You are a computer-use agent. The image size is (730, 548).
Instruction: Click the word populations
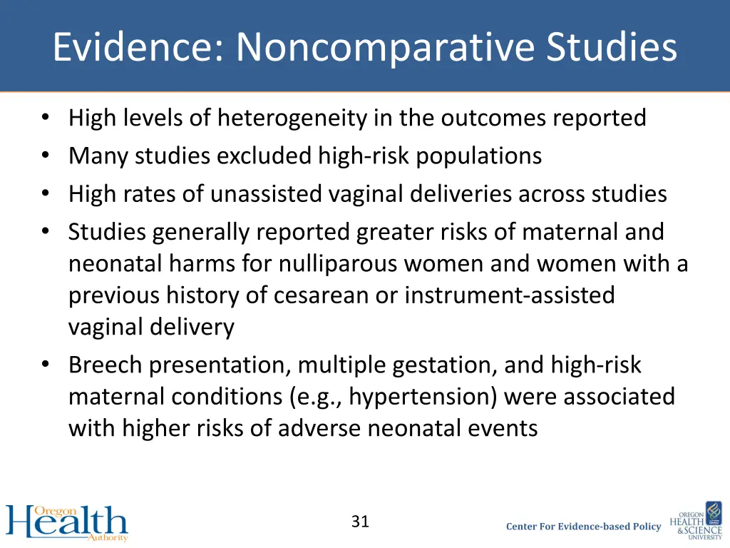[x=479, y=156]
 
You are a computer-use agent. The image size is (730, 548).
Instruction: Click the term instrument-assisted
[x=510, y=295]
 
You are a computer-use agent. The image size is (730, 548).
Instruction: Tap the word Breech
[x=106, y=365]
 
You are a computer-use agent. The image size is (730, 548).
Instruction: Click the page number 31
[x=360, y=522]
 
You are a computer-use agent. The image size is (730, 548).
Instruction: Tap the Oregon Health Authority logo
[x=67, y=522]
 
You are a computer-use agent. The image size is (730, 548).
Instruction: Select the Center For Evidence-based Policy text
[x=583, y=527]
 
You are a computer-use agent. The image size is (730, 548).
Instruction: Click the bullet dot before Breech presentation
[x=46, y=365]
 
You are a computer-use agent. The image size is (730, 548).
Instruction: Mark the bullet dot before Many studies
[x=46, y=156]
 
